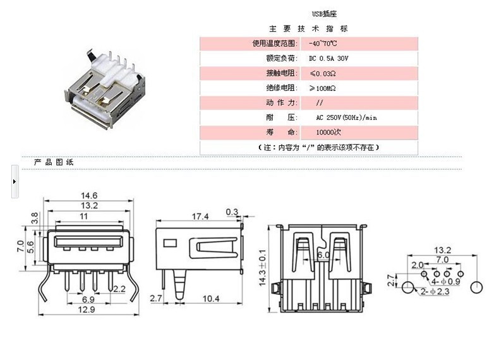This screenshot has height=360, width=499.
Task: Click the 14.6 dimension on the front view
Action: (x=88, y=195)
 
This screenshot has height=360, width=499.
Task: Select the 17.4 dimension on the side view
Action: (x=200, y=217)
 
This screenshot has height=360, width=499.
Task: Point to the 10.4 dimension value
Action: (x=211, y=297)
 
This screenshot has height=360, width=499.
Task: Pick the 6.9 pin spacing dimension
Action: (x=88, y=299)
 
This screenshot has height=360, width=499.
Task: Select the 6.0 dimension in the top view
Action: (x=323, y=255)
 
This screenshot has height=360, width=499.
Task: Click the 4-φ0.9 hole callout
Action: (x=445, y=280)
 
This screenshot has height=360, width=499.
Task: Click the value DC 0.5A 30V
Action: (x=328, y=58)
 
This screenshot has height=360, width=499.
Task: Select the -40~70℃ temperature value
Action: (x=323, y=44)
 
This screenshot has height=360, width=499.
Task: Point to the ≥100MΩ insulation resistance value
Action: (x=322, y=88)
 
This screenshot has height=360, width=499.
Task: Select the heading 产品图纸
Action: (x=54, y=162)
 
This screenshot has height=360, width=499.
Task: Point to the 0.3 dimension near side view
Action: (x=231, y=212)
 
